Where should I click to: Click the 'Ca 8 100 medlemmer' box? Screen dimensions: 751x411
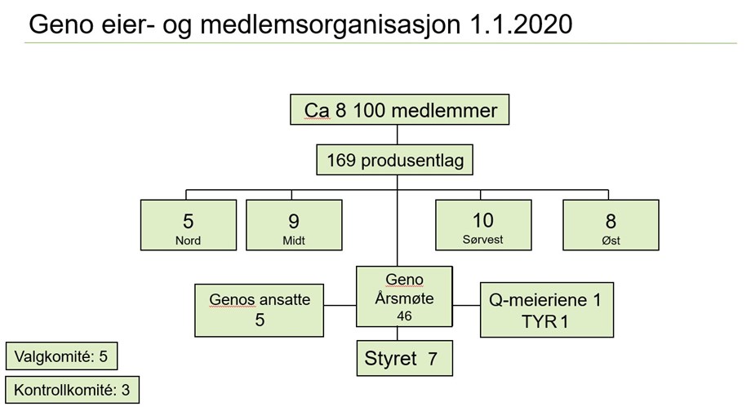399,109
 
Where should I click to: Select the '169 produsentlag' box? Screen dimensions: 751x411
394,160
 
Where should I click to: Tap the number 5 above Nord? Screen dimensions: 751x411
189,221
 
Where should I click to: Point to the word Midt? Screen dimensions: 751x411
294,241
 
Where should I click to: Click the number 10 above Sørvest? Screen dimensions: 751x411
482,220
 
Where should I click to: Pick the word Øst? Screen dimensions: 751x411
611,241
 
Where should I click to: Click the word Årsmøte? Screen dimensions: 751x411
404,298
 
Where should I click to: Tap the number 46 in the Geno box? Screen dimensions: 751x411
404,316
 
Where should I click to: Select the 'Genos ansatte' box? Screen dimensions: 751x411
259,311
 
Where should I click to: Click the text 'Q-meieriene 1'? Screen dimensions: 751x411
545,300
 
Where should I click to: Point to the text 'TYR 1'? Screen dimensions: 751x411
545,321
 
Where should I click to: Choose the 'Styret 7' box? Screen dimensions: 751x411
405,358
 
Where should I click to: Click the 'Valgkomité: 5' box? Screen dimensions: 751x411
61,356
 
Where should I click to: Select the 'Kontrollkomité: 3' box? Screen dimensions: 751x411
73,390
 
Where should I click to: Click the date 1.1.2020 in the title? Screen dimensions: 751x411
521,24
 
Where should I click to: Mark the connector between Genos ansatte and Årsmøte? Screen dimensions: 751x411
340,305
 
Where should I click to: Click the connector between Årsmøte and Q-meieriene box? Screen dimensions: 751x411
466,305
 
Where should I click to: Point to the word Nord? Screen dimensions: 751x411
188,241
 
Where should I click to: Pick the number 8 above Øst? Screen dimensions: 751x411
611,221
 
